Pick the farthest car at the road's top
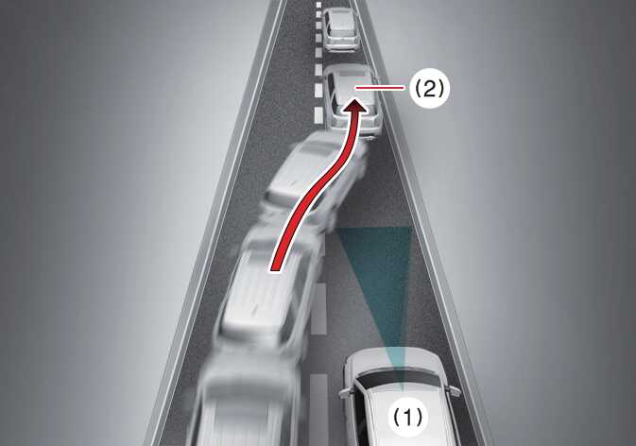click(x=338, y=30)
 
